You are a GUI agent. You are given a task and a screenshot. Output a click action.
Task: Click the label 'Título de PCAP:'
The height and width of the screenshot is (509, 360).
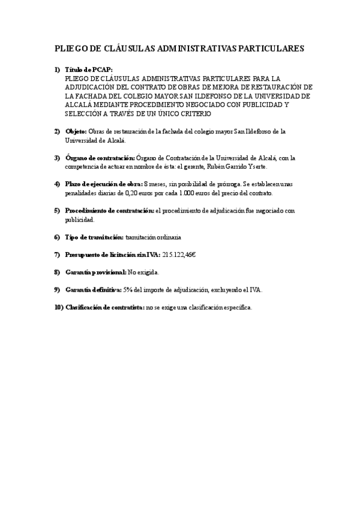click(x=89, y=70)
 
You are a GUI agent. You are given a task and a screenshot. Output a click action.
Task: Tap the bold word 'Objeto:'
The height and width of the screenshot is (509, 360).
click(x=76, y=131)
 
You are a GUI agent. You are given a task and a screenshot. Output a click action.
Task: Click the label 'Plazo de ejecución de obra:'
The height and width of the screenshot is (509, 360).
click(x=104, y=184)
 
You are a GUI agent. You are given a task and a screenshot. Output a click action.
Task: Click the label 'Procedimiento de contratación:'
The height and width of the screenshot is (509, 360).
click(x=109, y=211)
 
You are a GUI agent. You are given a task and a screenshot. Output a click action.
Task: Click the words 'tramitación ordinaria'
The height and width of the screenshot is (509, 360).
click(x=154, y=237)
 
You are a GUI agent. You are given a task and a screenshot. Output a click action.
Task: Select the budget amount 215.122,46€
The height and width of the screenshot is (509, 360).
click(x=179, y=254)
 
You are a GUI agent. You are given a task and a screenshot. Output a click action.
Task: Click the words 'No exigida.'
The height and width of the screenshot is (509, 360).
click(x=144, y=272)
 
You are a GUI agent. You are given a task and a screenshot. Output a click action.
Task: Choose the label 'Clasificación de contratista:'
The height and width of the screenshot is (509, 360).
click(x=104, y=307)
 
